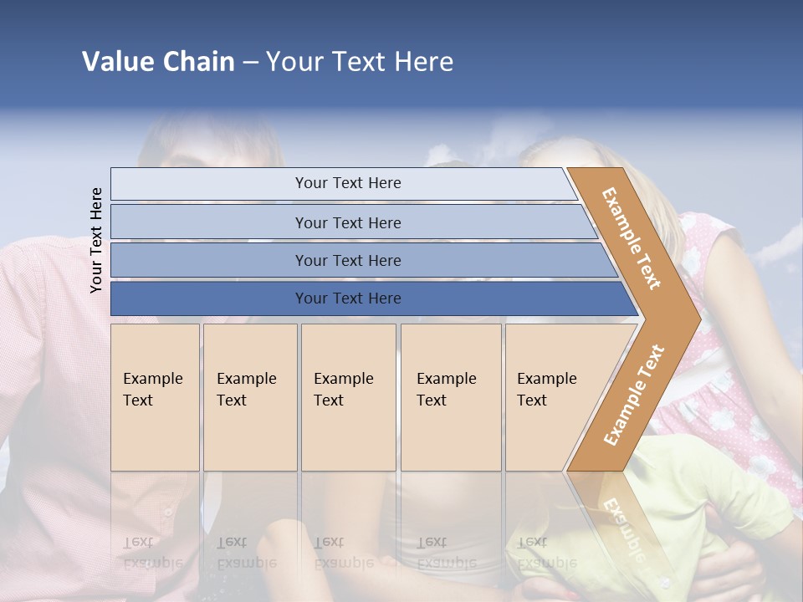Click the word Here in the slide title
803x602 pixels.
point(423,62)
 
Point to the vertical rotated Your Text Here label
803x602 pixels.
point(96,240)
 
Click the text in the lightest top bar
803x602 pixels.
point(348,183)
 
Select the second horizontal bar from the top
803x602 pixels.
point(348,222)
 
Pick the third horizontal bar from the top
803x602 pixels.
point(348,260)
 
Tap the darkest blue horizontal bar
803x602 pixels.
point(348,298)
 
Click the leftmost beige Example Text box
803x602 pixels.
point(155,397)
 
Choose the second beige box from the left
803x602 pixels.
point(250,397)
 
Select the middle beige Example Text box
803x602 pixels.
point(348,397)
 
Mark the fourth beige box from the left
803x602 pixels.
point(451,397)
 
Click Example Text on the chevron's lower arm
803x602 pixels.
point(634,395)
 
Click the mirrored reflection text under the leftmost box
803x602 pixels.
point(153,553)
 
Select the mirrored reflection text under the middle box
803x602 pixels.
point(344,553)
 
